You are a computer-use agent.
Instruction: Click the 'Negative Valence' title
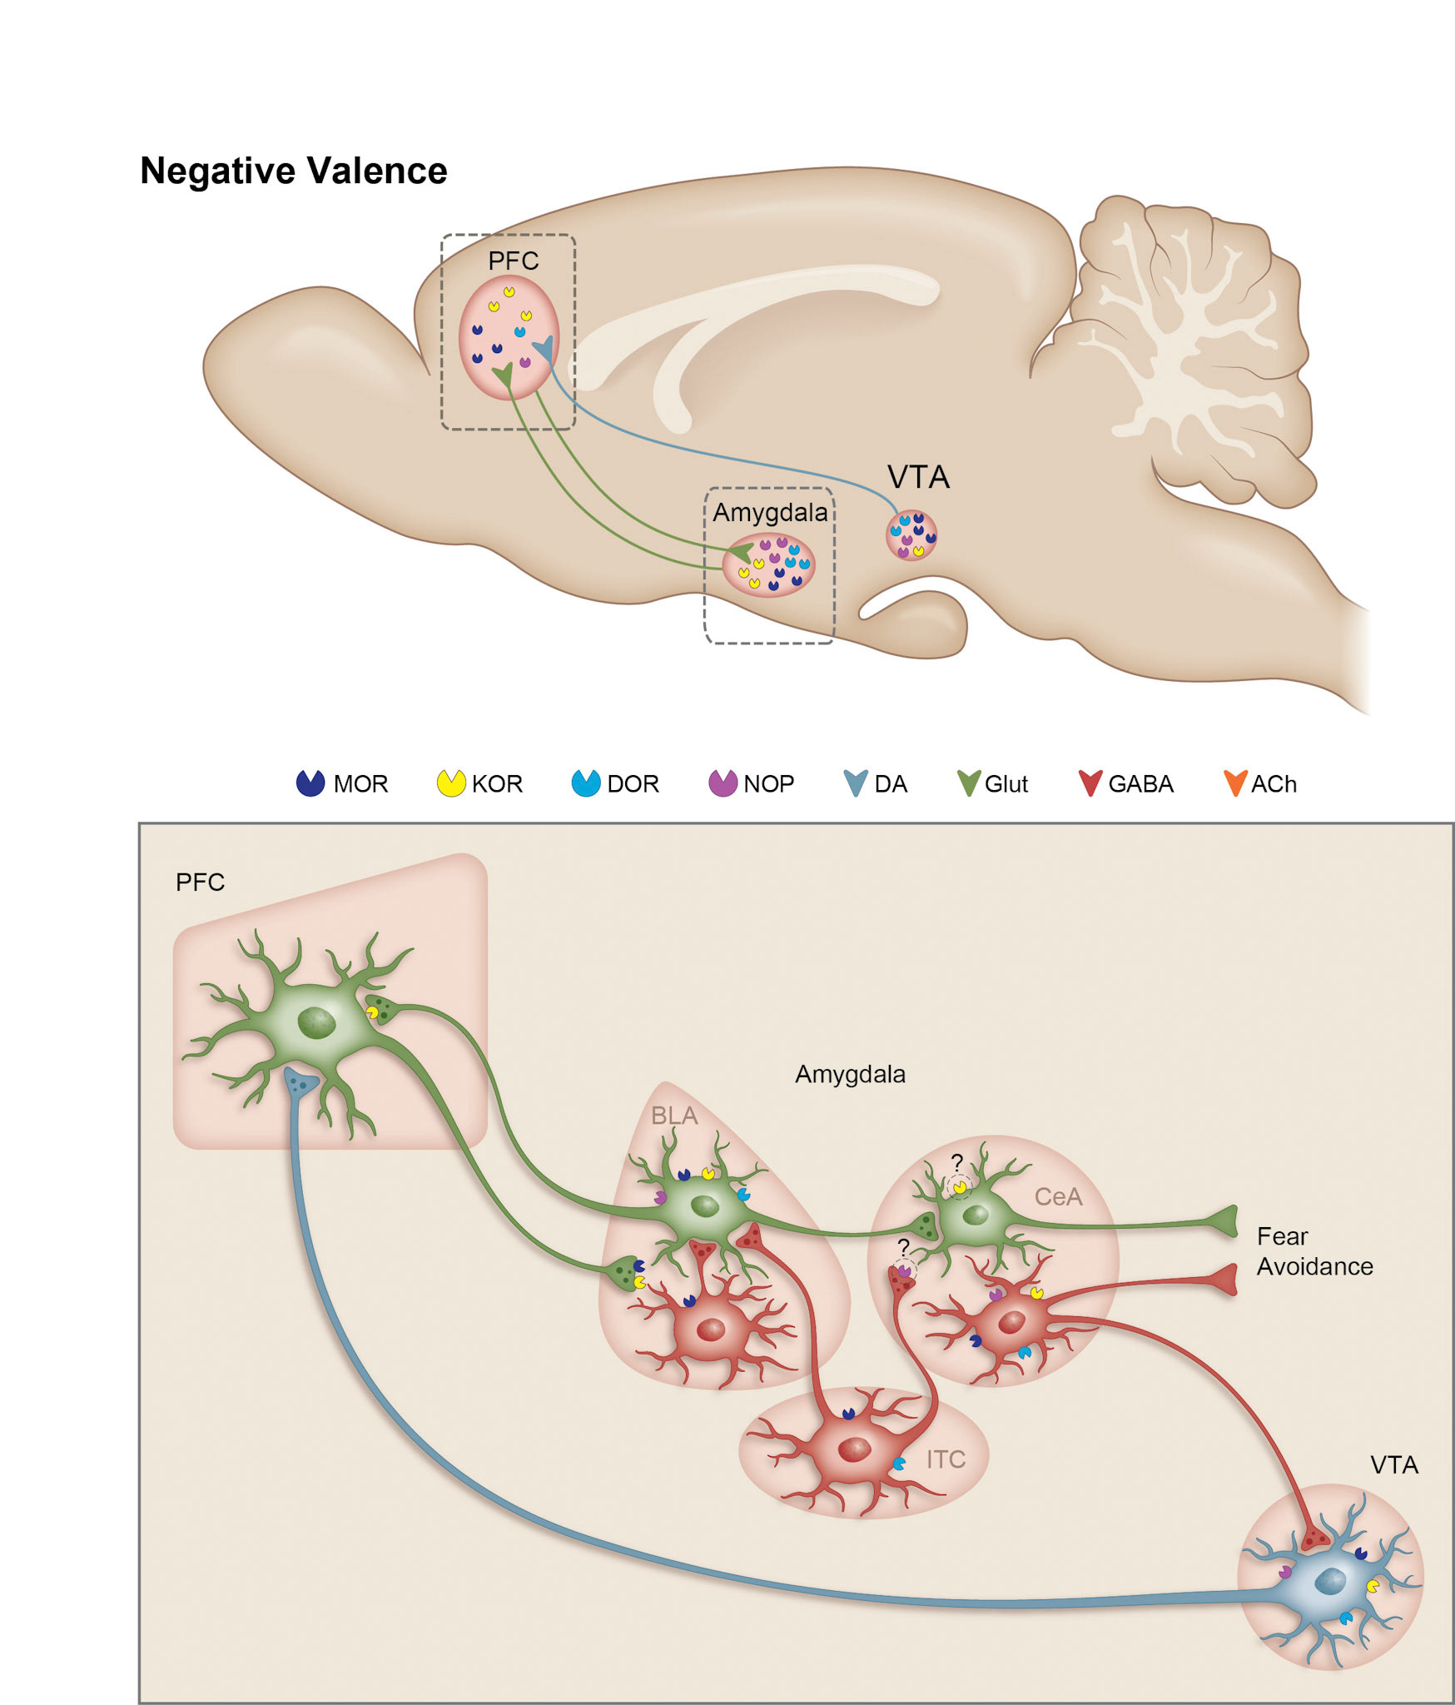(x=293, y=171)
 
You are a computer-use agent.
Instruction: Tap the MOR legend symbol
(x=310, y=783)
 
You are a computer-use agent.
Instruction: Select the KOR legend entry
(x=480, y=783)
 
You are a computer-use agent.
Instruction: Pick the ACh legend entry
(x=1260, y=783)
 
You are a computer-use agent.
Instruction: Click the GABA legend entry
(x=1125, y=783)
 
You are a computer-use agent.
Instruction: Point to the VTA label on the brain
(x=918, y=477)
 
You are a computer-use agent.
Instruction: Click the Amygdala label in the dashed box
(x=770, y=512)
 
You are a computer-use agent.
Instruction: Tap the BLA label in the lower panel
(x=673, y=1116)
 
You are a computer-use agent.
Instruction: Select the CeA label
(x=1058, y=1196)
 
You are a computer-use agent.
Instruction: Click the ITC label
(x=946, y=1459)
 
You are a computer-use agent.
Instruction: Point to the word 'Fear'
(x=1282, y=1236)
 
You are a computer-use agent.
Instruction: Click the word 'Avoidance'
(x=1314, y=1266)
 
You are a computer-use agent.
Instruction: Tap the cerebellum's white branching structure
(x=1182, y=350)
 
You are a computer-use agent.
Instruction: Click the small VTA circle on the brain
(x=911, y=534)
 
